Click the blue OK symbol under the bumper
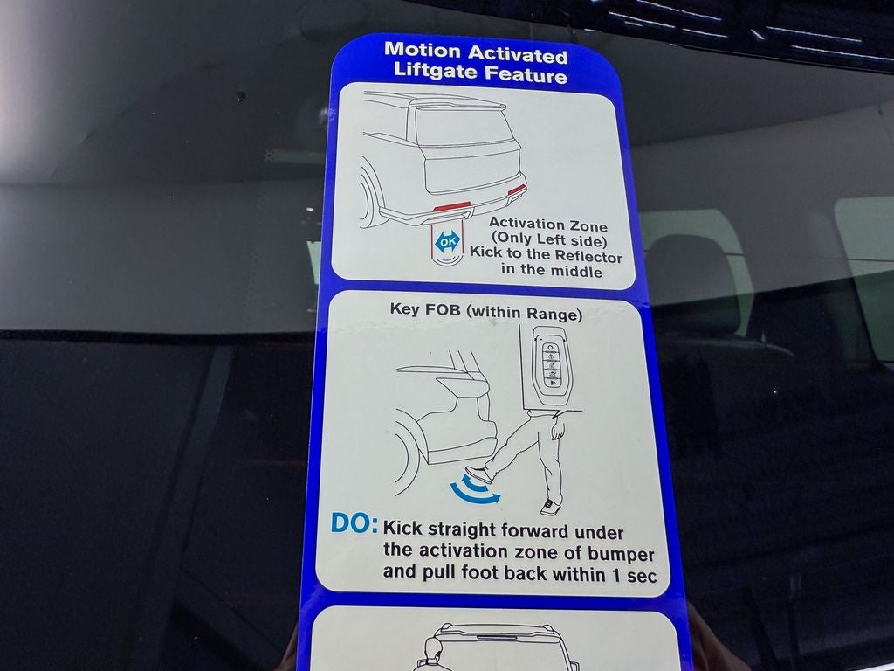tap(447, 241)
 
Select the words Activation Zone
tap(547, 225)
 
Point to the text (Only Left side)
tap(547, 240)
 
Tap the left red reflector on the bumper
tap(451, 207)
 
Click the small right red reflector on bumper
tap(517, 189)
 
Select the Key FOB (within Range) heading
tap(485, 312)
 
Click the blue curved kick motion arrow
tap(474, 493)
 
